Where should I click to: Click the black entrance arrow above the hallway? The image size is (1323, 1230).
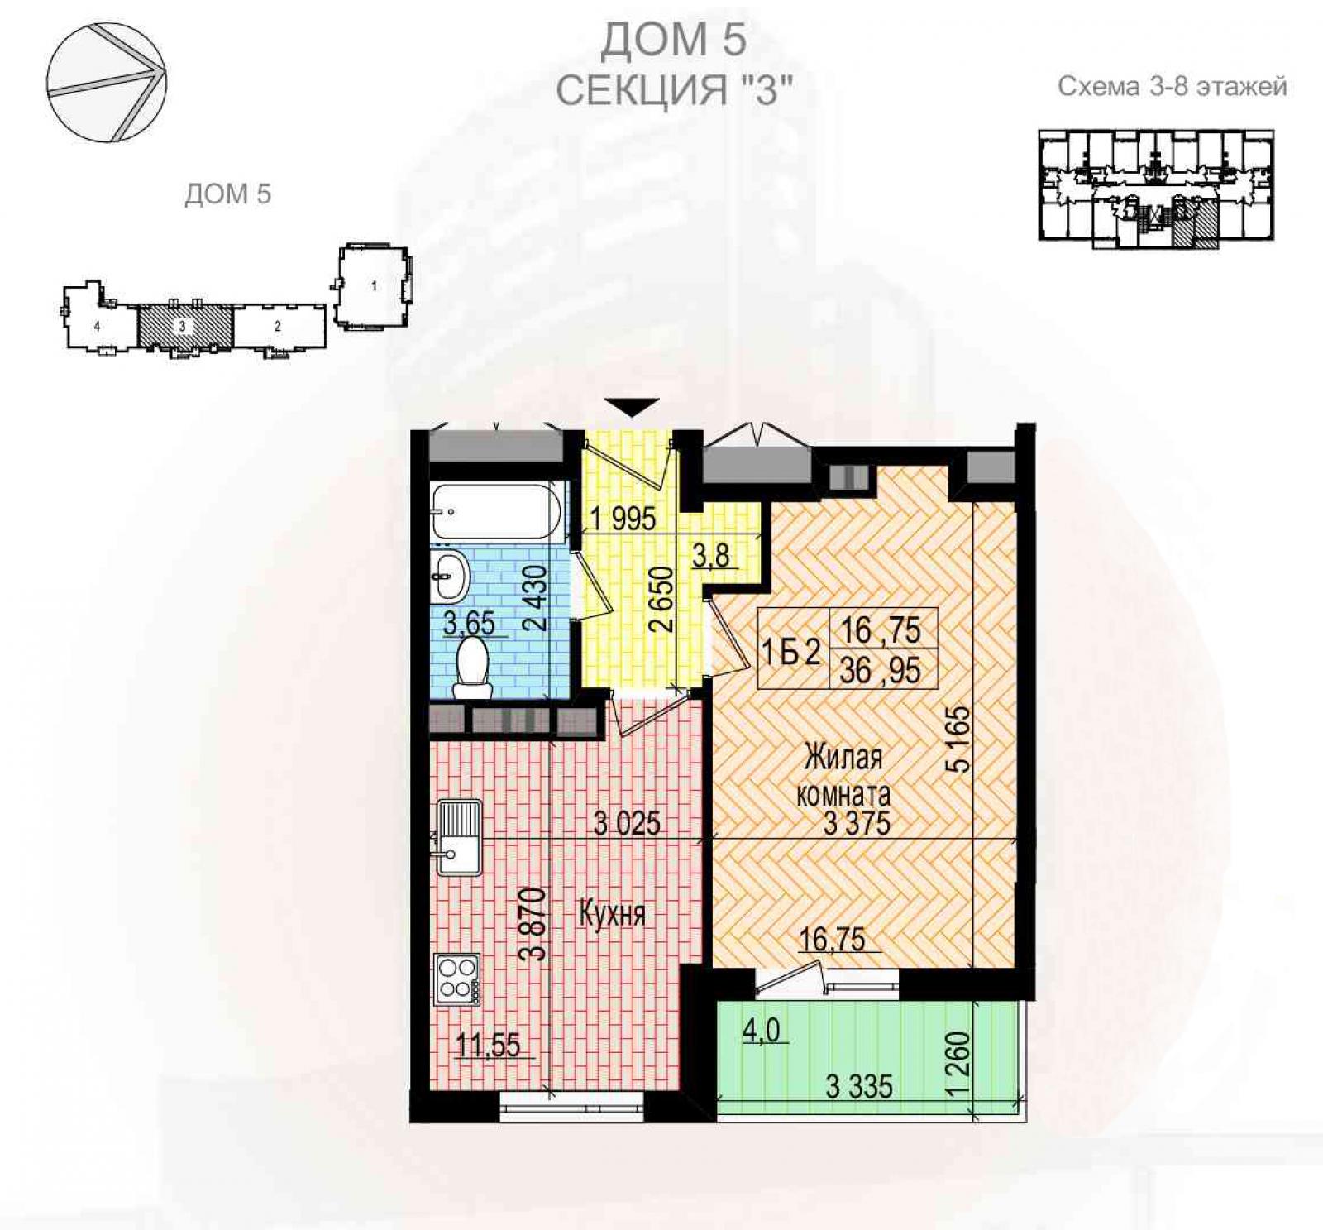click(x=632, y=408)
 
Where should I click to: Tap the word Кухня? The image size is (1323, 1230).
click(x=612, y=914)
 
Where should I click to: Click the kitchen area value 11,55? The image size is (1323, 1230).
click(x=489, y=1046)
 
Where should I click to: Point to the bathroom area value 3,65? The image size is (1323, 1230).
click(x=469, y=623)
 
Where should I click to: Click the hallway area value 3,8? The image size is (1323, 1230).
click(x=711, y=555)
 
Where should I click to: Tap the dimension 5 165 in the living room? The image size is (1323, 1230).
click(x=959, y=739)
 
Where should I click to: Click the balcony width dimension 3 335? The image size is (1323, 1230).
click(x=859, y=1086)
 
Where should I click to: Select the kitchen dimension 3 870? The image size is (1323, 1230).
click(x=537, y=923)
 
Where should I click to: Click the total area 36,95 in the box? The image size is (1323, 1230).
click(x=880, y=670)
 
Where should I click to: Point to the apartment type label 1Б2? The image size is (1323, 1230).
click(x=790, y=653)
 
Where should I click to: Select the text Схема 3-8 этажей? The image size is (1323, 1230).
click(x=1173, y=86)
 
